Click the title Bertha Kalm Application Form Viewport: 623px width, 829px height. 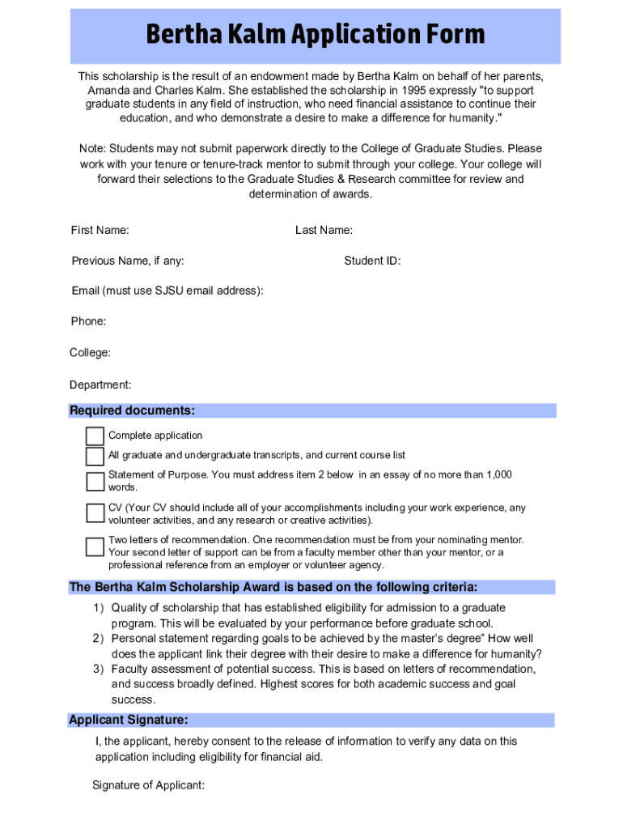click(316, 35)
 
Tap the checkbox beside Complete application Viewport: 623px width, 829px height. click(95, 436)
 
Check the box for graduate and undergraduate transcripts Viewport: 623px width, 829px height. click(95, 456)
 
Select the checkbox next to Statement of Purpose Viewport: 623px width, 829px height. click(95, 482)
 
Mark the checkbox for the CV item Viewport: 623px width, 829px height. click(95, 514)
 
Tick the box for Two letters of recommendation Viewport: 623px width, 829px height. click(95, 546)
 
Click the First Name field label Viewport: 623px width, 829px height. click(100, 231)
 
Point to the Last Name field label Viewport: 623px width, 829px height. click(324, 231)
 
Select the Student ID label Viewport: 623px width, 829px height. click(372, 261)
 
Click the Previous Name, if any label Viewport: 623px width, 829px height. click(127, 261)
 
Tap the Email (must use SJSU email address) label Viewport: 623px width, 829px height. click(167, 291)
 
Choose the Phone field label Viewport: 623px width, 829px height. click(88, 321)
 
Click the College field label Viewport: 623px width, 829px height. click(90, 353)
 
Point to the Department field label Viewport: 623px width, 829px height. click(100, 385)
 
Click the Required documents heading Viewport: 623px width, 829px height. click(132, 410)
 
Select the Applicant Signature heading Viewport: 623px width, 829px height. click(129, 720)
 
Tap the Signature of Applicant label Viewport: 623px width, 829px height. click(148, 785)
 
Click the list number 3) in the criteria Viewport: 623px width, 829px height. click(97, 670)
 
